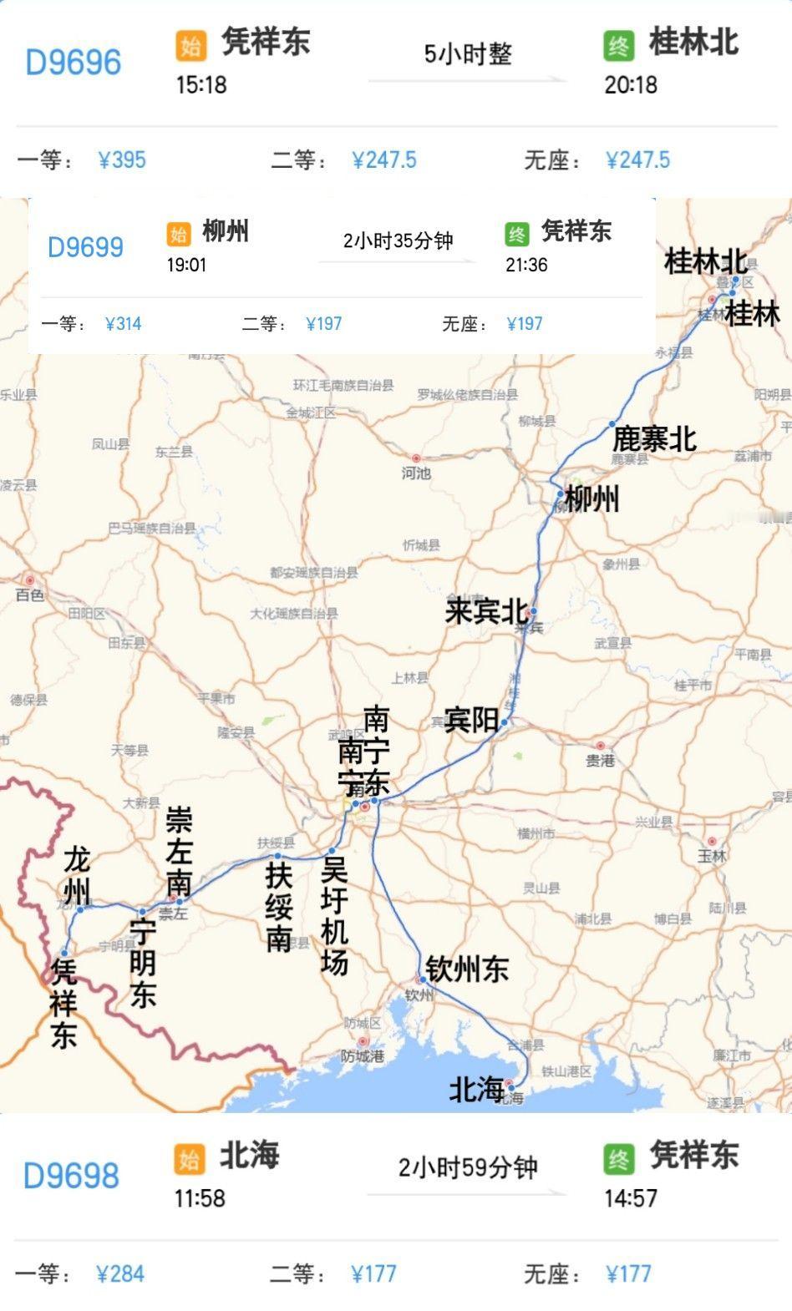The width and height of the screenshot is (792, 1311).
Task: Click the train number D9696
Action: pyautogui.click(x=74, y=63)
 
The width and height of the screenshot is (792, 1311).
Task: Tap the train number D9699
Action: pyautogui.click(x=85, y=247)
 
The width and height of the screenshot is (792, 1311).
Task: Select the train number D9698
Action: pyautogui.click(x=71, y=1176)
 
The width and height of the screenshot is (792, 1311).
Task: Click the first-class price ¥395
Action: pyautogui.click(x=122, y=159)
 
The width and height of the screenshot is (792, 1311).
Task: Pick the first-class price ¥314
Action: pyautogui.click(x=124, y=324)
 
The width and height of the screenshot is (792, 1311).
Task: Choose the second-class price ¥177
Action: pyautogui.click(x=373, y=1273)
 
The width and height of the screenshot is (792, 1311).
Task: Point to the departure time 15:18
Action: pyautogui.click(x=201, y=84)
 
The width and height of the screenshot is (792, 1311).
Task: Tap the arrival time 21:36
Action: pyautogui.click(x=526, y=265)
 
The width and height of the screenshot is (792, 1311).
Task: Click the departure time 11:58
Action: pyautogui.click(x=200, y=1198)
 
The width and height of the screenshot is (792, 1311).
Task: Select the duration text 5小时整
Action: pyautogui.click(x=468, y=54)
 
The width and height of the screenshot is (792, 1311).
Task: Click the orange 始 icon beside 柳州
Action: pyautogui.click(x=179, y=234)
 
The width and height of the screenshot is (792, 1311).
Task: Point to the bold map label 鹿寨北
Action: pyautogui.click(x=654, y=438)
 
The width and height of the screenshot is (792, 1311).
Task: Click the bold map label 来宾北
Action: pyautogui.click(x=486, y=611)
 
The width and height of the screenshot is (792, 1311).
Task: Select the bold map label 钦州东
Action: pyautogui.click(x=467, y=969)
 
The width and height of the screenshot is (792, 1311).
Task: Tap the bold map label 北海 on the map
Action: pyautogui.click(x=477, y=1089)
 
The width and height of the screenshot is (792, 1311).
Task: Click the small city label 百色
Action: pyautogui.click(x=30, y=595)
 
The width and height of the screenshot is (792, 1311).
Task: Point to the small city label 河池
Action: pyautogui.click(x=416, y=473)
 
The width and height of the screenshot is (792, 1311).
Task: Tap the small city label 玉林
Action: pyautogui.click(x=713, y=856)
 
